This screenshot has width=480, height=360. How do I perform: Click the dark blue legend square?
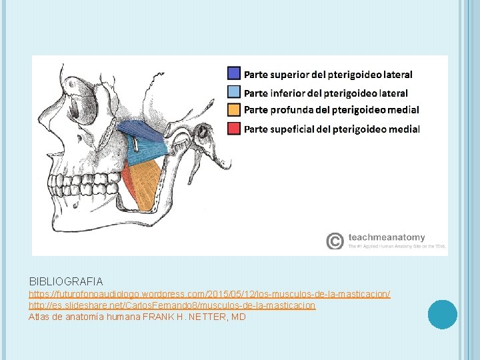[x=234, y=73]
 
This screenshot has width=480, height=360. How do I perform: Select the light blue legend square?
[x=234, y=92]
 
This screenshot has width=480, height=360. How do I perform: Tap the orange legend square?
[x=234, y=109]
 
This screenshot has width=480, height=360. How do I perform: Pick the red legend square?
[x=234, y=128]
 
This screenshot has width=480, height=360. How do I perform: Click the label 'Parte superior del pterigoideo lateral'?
[x=328, y=74]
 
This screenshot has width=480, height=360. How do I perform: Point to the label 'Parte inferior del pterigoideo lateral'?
[x=326, y=93]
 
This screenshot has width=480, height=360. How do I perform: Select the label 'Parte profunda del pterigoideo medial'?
[x=331, y=109]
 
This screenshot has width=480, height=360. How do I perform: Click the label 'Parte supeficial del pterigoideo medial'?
[x=332, y=128]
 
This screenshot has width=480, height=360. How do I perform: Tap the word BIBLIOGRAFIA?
[x=66, y=281]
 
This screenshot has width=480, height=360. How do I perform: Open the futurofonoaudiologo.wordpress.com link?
[x=209, y=294]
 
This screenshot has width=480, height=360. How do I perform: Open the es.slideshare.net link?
[x=172, y=305]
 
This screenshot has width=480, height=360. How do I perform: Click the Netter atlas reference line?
[x=137, y=317]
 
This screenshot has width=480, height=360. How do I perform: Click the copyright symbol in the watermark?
[x=335, y=240]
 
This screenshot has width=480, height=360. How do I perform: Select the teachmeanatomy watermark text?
[x=386, y=237]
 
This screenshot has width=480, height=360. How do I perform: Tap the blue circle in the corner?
[x=443, y=314]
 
